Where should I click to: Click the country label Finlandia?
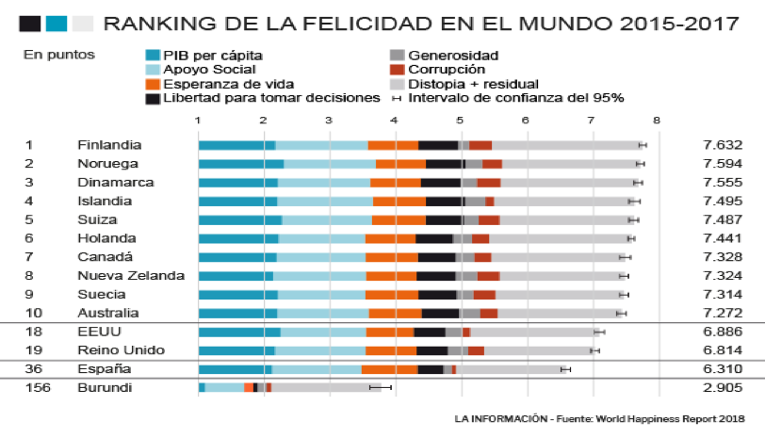109,145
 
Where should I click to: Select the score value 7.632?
723,145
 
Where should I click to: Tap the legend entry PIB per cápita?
212,56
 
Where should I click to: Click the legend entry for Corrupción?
447,69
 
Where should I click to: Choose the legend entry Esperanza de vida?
220,83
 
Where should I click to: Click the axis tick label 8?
656,120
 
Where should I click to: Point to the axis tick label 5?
460,120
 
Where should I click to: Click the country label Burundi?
106,387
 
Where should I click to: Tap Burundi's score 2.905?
723,387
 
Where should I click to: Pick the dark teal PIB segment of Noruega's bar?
240,164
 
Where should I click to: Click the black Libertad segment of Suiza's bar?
443,219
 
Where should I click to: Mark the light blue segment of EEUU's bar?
322,332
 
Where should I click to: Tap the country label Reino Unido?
117,350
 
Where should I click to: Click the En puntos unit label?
59,56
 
